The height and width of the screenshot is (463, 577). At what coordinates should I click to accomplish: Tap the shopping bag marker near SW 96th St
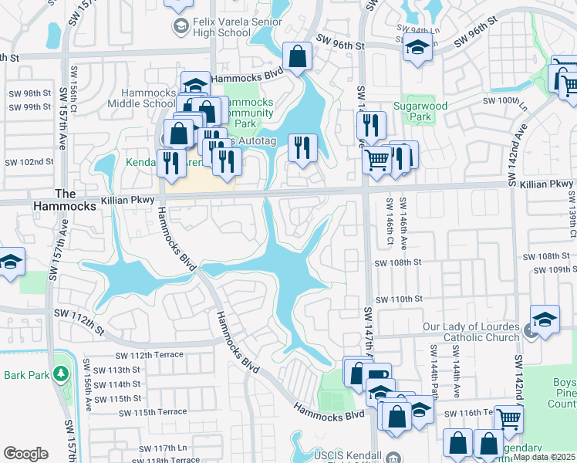point(297,57)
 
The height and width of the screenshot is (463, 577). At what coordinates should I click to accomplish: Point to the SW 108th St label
point(398,263)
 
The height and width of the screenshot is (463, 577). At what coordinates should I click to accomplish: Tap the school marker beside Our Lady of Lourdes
point(545,319)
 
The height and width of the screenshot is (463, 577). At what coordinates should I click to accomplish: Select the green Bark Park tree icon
point(60,373)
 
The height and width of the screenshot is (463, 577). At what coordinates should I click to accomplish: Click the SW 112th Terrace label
point(150,355)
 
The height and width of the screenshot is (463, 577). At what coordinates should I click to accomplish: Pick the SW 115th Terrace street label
point(153,412)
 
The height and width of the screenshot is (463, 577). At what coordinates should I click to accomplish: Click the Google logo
point(25,454)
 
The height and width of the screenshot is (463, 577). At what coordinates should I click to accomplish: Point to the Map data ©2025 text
point(543,457)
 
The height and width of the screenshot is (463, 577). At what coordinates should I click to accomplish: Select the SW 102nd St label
point(29,162)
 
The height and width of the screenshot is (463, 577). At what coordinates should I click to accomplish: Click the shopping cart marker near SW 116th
point(508,419)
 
